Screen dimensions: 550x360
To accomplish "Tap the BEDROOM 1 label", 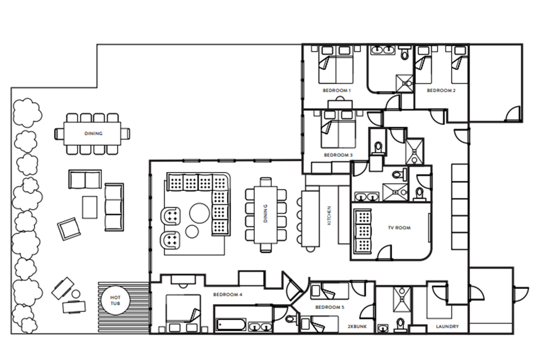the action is coord(337,91).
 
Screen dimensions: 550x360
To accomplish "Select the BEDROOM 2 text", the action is coord(441,91).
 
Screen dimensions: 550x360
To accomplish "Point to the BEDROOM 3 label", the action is coord(338,155).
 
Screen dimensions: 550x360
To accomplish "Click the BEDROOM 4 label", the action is coord(228,294).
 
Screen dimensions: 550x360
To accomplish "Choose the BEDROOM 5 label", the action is coord(330,307).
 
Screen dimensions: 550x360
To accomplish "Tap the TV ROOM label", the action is coord(399,228).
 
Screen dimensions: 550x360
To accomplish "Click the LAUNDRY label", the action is coord(447,326).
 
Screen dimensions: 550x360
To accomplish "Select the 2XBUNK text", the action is coord(357,326).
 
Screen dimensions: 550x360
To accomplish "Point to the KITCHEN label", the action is coord(329,215).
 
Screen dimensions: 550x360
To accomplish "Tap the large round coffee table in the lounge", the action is coord(199,213).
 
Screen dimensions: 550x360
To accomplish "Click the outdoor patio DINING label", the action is coord(93,133).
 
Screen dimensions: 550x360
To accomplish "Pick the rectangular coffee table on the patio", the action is coord(90,207).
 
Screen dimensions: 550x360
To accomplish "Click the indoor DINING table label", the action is coord(265,213).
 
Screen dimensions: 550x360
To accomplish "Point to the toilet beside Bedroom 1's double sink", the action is coord(405,52).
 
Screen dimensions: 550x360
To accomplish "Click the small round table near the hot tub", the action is coord(76,294).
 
